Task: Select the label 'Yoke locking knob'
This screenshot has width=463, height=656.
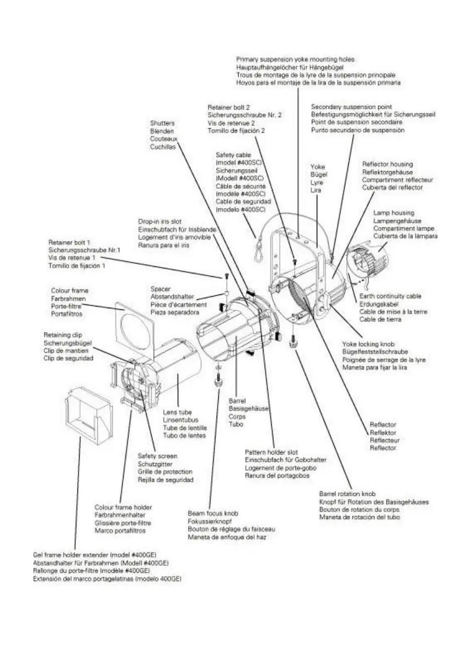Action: point(367,343)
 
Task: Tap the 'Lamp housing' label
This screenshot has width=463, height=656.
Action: point(394,212)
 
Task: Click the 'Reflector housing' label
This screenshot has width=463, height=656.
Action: point(387,164)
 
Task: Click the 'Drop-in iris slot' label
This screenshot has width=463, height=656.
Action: point(160,221)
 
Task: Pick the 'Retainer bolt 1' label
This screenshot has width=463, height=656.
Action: point(70,242)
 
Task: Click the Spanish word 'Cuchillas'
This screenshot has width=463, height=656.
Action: point(163,147)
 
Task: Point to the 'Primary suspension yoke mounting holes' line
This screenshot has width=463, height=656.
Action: point(295,58)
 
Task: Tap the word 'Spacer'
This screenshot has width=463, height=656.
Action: point(161,288)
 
